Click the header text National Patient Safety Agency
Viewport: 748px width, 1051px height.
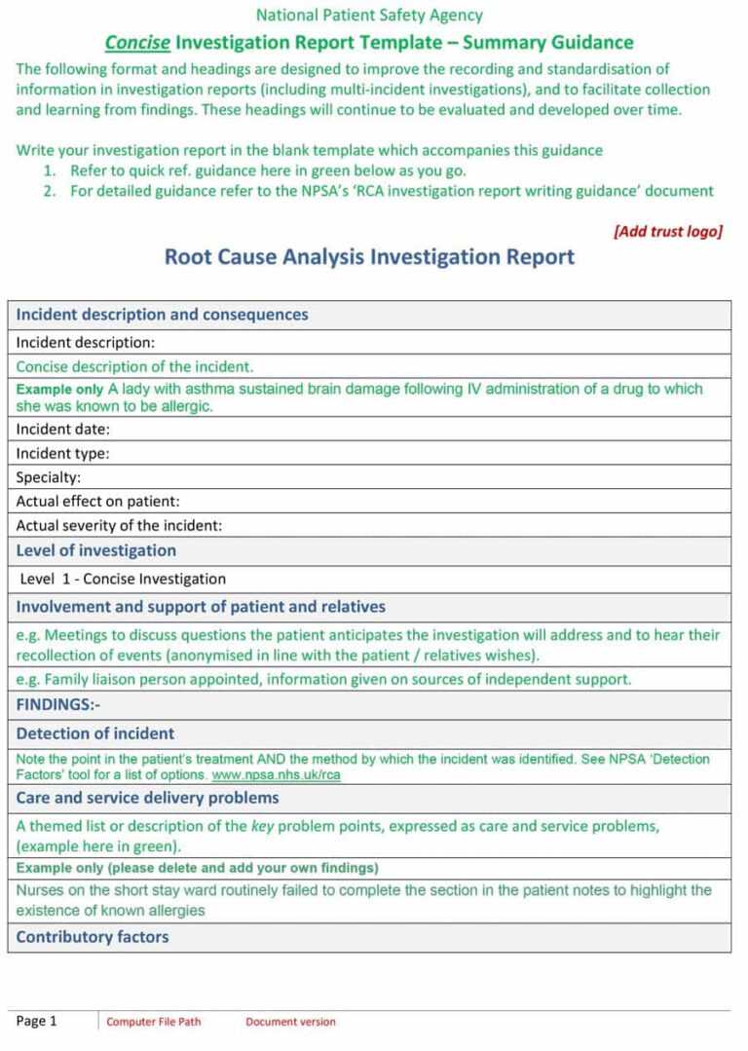pos(368,15)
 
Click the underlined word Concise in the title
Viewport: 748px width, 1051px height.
pos(137,42)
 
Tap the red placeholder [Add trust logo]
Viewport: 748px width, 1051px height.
pos(667,231)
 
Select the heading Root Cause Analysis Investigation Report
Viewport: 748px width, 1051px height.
pos(369,257)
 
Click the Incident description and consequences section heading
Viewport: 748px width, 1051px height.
pos(162,315)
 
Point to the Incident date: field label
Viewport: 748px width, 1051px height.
pos(62,429)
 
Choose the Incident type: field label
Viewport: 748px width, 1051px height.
pos(62,453)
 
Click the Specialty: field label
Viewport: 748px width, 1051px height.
pos(48,477)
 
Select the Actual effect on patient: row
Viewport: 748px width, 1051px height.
pos(98,502)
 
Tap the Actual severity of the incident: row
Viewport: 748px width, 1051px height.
pos(119,525)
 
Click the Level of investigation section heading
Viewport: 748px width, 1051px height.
pos(95,550)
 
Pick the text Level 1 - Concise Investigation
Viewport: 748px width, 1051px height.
pos(123,579)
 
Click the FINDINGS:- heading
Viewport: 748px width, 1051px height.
pos(57,704)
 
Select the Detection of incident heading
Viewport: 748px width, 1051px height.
pos(95,733)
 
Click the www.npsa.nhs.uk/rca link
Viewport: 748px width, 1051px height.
pos(276,775)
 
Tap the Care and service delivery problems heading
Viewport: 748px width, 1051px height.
pos(147,798)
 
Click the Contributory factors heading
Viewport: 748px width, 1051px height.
pos(93,937)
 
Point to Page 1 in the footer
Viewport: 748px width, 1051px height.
pos(37,1021)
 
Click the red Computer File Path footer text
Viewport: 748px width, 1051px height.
pos(154,1022)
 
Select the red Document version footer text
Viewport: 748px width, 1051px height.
pos(290,1022)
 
